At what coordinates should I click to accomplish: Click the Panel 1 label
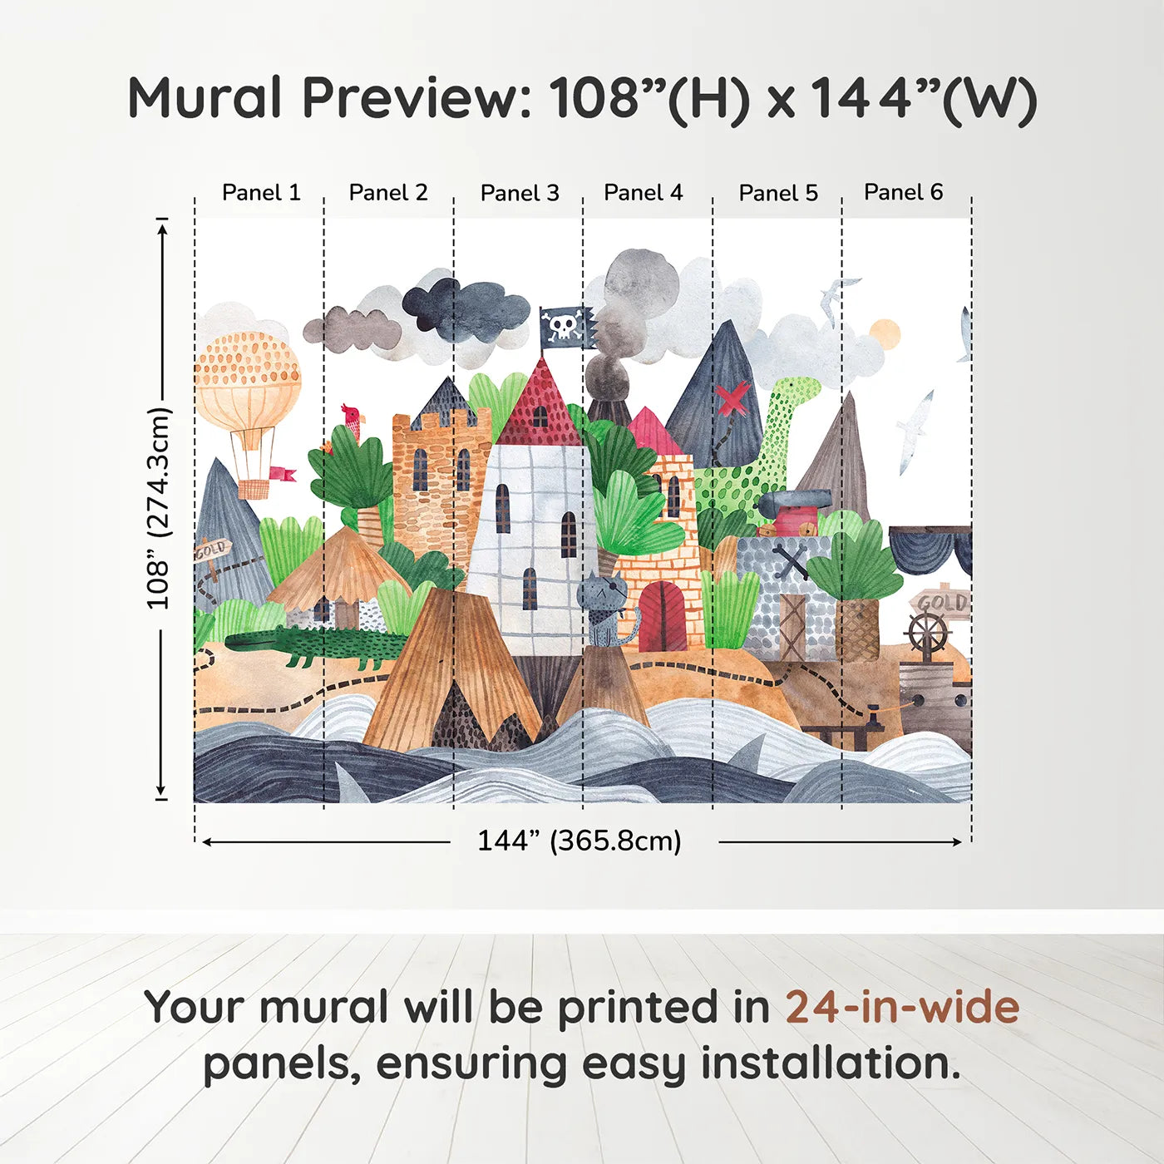coord(260,193)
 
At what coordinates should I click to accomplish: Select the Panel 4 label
coord(643,193)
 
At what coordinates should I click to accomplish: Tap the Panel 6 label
coord(903,192)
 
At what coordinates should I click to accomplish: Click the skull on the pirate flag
coord(562,325)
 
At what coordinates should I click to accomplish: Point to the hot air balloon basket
coord(254,487)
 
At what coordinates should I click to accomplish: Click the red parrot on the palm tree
coord(353,420)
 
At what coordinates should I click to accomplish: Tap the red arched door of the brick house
coord(663,617)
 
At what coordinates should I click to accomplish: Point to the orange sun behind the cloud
coord(885,333)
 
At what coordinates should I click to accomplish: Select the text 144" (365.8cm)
coord(579,841)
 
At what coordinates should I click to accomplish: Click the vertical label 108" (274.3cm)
coord(159,509)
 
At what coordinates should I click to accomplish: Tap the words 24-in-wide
coord(902,1008)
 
